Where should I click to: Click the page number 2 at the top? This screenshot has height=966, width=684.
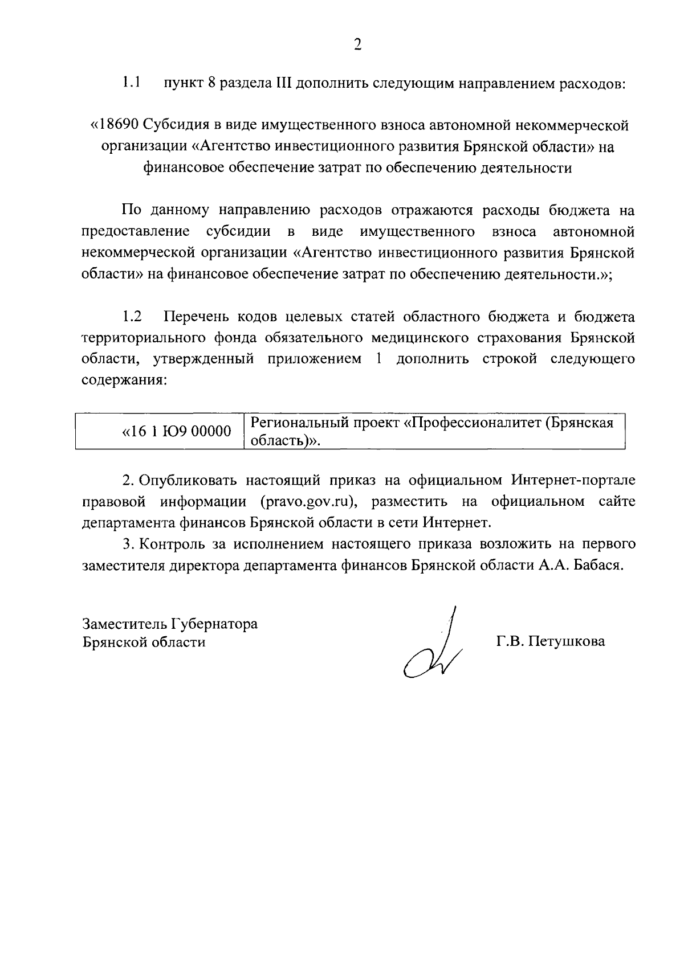coord(357,45)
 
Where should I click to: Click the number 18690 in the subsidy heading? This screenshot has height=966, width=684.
coord(119,125)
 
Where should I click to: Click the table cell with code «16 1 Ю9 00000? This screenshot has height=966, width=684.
coord(177,432)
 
